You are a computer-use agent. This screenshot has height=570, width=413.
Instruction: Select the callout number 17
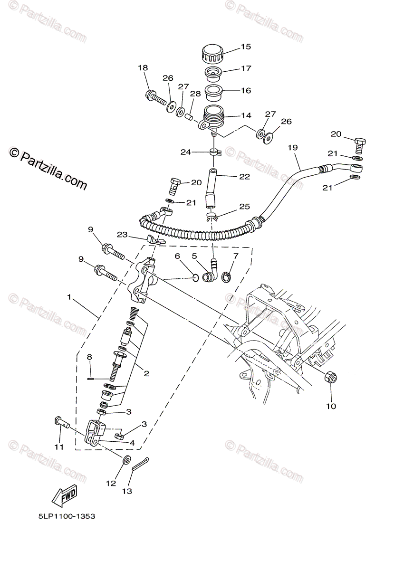point(245,68)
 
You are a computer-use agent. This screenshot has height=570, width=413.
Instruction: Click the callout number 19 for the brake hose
point(292,148)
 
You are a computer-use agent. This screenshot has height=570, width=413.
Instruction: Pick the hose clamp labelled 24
point(215,152)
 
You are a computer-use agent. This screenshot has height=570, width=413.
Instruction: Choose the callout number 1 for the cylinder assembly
point(69,297)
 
